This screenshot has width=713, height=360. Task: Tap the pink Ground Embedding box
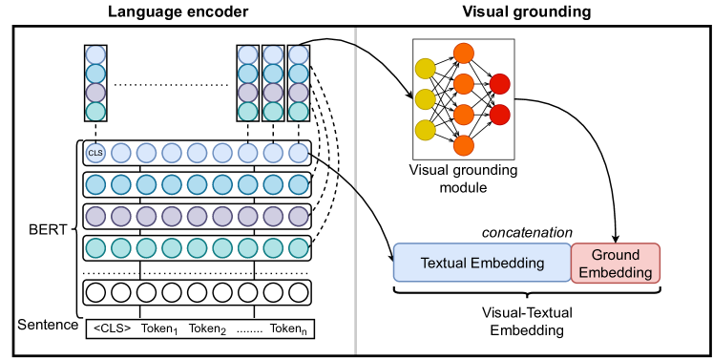pos(616,264)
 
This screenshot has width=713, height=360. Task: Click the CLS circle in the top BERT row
pos(94,152)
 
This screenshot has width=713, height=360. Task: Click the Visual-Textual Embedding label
pos(528,319)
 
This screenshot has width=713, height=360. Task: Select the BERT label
pos(46,230)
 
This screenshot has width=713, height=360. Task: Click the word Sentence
pos(48,326)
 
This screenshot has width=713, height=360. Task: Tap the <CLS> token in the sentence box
pos(111,328)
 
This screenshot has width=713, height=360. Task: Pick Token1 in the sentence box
pos(161,328)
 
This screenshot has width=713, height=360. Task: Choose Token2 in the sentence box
pos(208,328)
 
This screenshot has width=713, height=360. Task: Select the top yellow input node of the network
pos(425,68)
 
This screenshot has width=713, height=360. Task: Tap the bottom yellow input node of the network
pos(425,129)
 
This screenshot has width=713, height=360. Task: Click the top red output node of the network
pos(499,85)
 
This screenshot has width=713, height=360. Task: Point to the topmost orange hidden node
pos(464,53)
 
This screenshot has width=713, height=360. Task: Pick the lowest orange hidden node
pos(464,145)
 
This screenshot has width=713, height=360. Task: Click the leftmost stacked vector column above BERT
pos(94,83)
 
